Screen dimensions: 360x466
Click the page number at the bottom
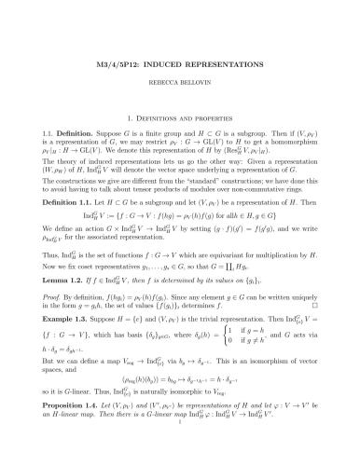coord(180,456)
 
